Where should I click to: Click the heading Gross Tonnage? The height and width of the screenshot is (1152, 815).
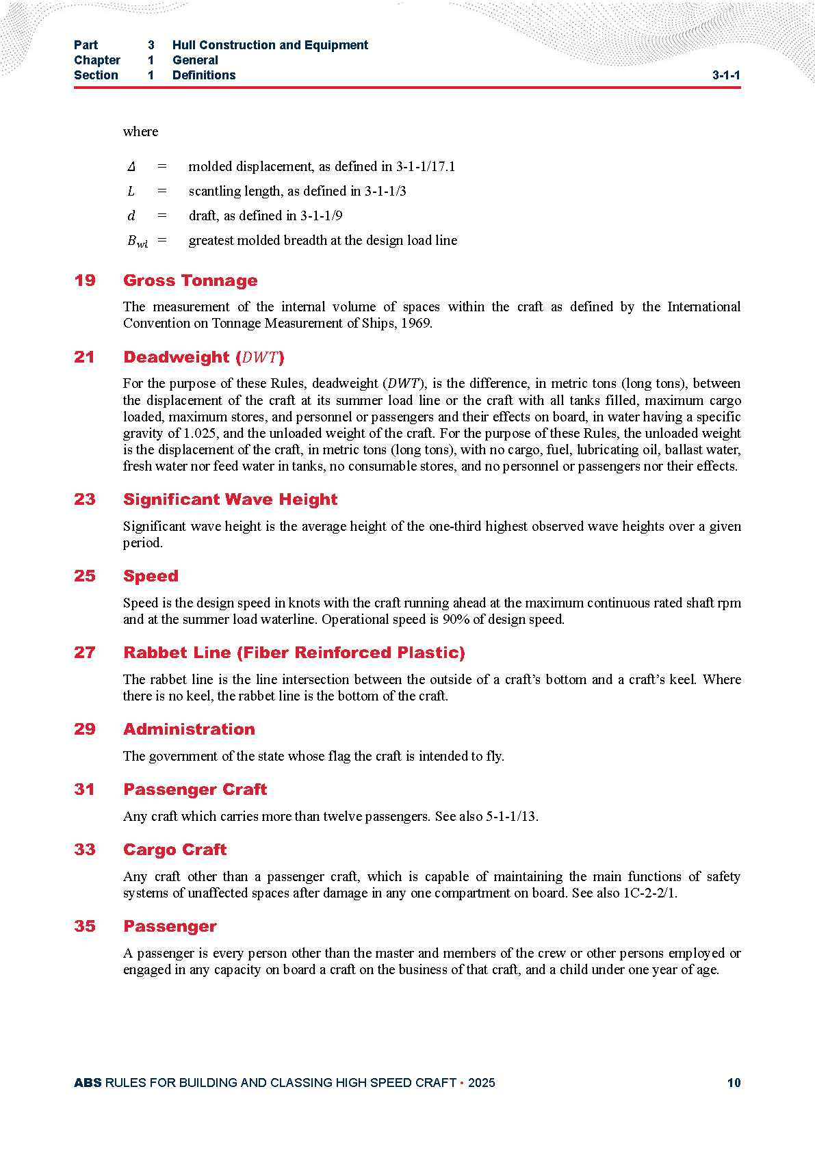coord(190,280)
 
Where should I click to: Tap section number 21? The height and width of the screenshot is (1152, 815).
coord(85,357)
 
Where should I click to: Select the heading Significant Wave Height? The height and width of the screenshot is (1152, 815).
coord(230,499)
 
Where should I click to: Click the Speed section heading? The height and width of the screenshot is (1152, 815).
coord(151,576)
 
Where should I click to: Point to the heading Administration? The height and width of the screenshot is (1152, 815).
coord(189,729)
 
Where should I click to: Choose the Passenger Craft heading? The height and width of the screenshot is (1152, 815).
coord(195,789)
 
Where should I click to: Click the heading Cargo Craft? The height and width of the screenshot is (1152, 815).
coord(174,850)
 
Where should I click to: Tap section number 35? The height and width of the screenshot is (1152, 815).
coord(85,926)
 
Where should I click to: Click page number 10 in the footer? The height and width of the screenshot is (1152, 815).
coord(734,1083)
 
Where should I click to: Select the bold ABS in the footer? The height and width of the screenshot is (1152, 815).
coord(88,1083)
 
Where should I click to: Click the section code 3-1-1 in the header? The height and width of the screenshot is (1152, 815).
coord(726,75)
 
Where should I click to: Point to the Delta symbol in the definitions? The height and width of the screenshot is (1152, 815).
coord(131,167)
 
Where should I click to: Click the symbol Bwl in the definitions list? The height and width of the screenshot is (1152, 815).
coord(137,241)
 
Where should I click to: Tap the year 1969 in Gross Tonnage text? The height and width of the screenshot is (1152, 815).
coord(415,324)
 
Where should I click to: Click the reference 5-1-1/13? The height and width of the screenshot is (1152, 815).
coord(511,817)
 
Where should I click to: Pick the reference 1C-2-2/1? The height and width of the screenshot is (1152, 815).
coord(649,893)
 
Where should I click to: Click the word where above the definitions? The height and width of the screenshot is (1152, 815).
coord(140,132)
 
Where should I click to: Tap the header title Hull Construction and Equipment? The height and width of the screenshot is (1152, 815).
coord(270,45)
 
